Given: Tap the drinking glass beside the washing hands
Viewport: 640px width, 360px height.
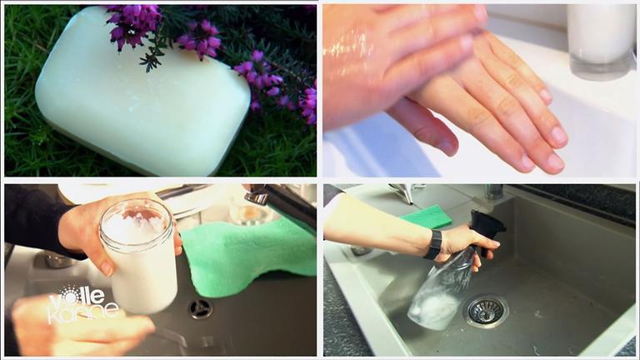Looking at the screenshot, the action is [x=601, y=40].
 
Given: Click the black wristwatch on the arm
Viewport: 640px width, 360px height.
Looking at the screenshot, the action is [x=434, y=245].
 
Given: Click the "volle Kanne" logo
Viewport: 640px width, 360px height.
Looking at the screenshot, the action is [x=82, y=304].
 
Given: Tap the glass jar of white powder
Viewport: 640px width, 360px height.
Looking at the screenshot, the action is [x=139, y=255].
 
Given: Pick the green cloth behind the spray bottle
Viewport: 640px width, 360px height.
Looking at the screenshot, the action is [x=427, y=217].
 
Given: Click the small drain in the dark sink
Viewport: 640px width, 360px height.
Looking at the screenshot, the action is [x=200, y=308].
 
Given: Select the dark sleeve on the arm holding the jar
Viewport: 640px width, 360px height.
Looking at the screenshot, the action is [x=37, y=220].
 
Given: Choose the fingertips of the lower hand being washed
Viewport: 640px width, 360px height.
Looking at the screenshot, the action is [x=542, y=151].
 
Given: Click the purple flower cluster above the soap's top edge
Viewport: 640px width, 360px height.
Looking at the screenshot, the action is [x=134, y=24].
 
